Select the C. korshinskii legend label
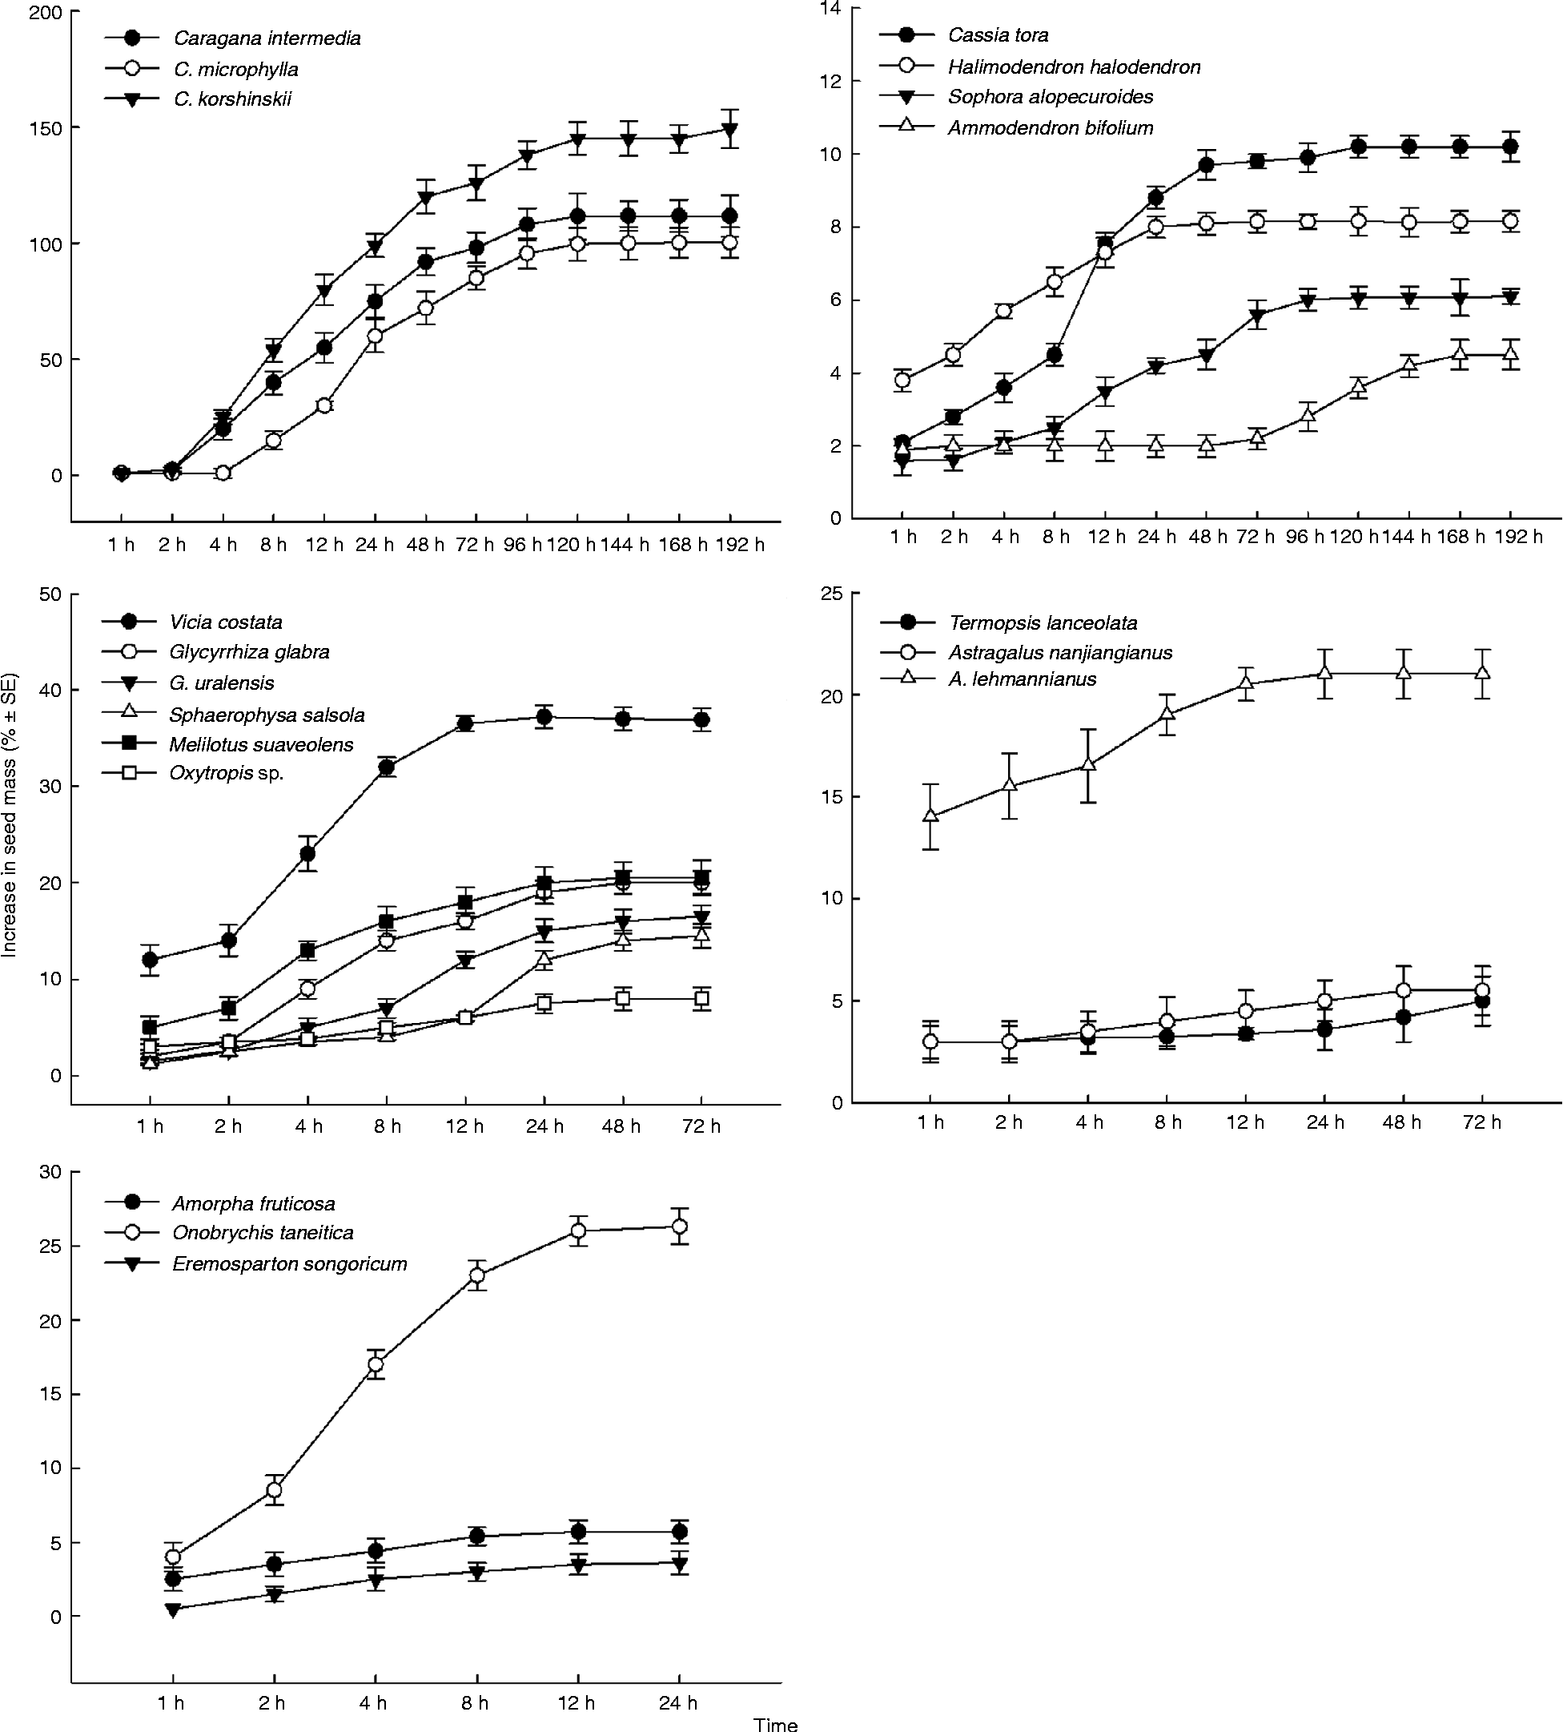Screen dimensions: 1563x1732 (232, 99)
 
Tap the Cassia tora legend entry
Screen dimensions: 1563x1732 (998, 35)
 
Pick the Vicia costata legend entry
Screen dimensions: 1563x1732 (225, 622)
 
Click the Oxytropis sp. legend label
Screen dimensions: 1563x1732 (226, 773)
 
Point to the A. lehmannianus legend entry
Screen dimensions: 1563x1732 (1022, 679)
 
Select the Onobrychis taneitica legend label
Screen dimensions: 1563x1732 (263, 1233)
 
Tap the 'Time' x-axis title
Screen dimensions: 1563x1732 (775, 1723)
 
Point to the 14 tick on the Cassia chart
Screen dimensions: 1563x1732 (830, 9)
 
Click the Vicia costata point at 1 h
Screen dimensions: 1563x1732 (151, 960)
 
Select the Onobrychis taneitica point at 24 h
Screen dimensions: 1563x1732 (679, 1226)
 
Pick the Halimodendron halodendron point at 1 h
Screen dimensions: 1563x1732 (902, 381)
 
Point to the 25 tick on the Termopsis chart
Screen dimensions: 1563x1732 (830, 594)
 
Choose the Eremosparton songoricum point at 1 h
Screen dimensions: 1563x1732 (173, 1610)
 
